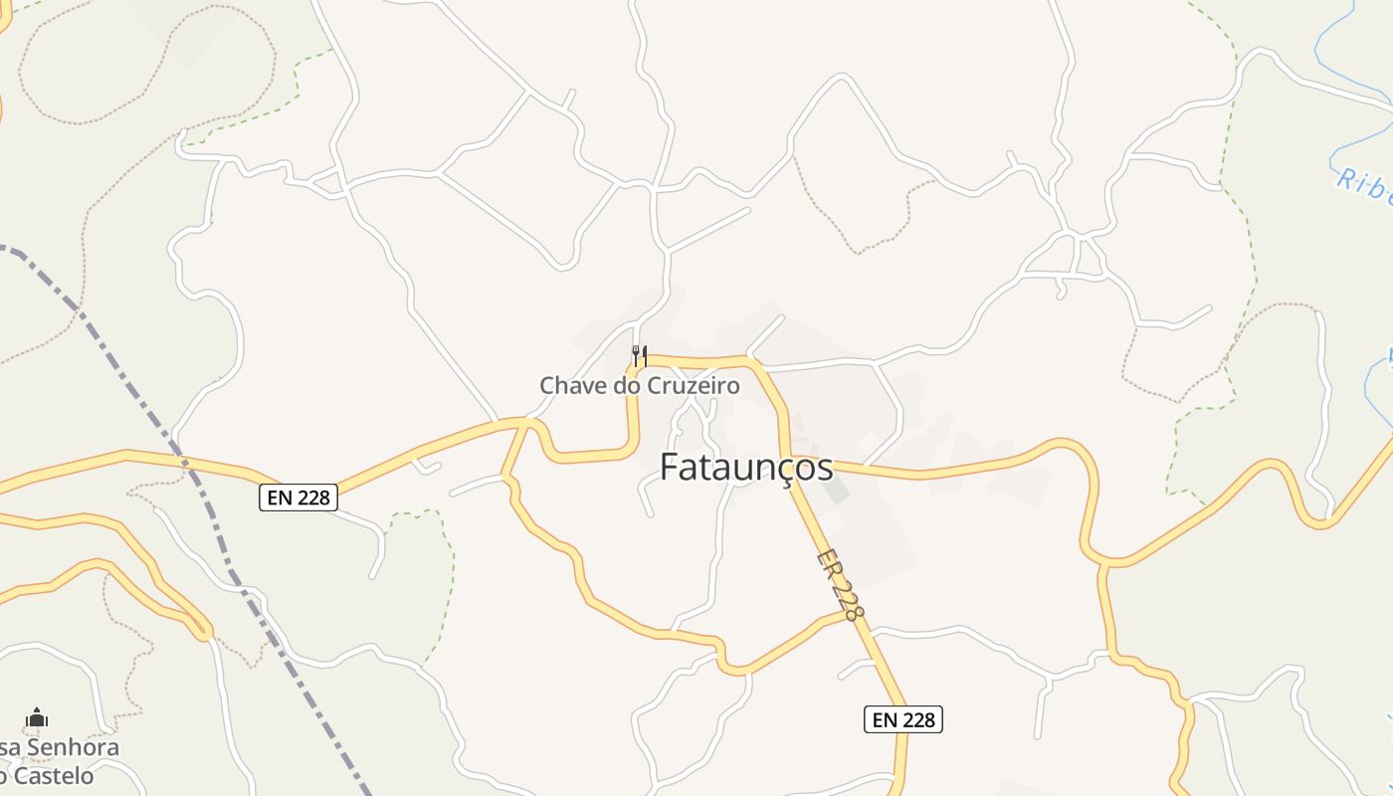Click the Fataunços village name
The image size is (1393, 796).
[x=746, y=467]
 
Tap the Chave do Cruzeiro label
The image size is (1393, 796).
[x=640, y=385]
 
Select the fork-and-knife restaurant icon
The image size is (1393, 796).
[x=640, y=355]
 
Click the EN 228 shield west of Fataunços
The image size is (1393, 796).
[x=298, y=497]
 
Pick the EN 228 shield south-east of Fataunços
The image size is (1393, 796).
[x=902, y=719]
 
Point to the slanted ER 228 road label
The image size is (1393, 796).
[x=840, y=586]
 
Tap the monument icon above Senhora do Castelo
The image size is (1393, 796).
[x=37, y=717]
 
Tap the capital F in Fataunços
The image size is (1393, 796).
[x=672, y=467]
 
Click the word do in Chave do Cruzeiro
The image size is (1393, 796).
[x=625, y=385]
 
